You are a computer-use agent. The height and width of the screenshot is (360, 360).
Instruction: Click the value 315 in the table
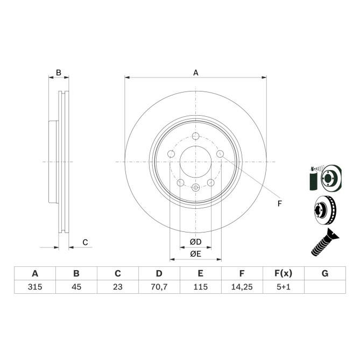click(34, 287)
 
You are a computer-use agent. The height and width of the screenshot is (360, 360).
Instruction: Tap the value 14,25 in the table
click(242, 287)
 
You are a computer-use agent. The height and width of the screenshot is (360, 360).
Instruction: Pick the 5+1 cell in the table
click(283, 287)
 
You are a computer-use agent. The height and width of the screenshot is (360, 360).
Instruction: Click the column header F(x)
click(283, 273)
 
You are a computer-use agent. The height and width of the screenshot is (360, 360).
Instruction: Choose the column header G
click(324, 273)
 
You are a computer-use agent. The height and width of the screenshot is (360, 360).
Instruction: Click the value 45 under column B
click(76, 287)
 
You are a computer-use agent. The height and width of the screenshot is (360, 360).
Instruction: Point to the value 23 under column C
click(117, 287)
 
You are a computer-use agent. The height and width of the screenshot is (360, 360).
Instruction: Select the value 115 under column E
click(200, 287)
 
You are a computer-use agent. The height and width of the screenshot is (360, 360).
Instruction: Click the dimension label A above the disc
click(196, 73)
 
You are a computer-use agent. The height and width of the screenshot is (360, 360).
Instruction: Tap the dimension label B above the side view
click(59, 72)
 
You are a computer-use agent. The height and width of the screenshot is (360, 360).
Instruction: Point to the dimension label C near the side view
click(85, 243)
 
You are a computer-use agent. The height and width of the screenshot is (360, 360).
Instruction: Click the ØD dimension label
click(195, 242)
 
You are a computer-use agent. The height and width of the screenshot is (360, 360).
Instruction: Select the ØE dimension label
click(195, 254)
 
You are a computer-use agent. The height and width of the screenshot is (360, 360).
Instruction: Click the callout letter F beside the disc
click(279, 203)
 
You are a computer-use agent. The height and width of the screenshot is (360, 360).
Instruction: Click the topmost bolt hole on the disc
click(195, 136)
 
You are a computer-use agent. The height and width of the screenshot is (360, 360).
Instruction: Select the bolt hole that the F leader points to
click(220, 154)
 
